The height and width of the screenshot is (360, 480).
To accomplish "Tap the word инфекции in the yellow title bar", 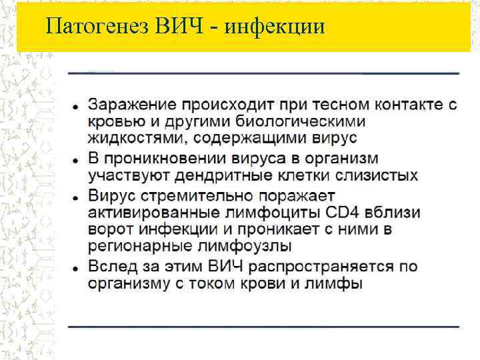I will (x=275, y=27).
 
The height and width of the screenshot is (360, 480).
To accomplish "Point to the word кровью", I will (x=114, y=122).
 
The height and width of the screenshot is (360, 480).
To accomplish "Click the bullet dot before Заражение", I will (x=77, y=107).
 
